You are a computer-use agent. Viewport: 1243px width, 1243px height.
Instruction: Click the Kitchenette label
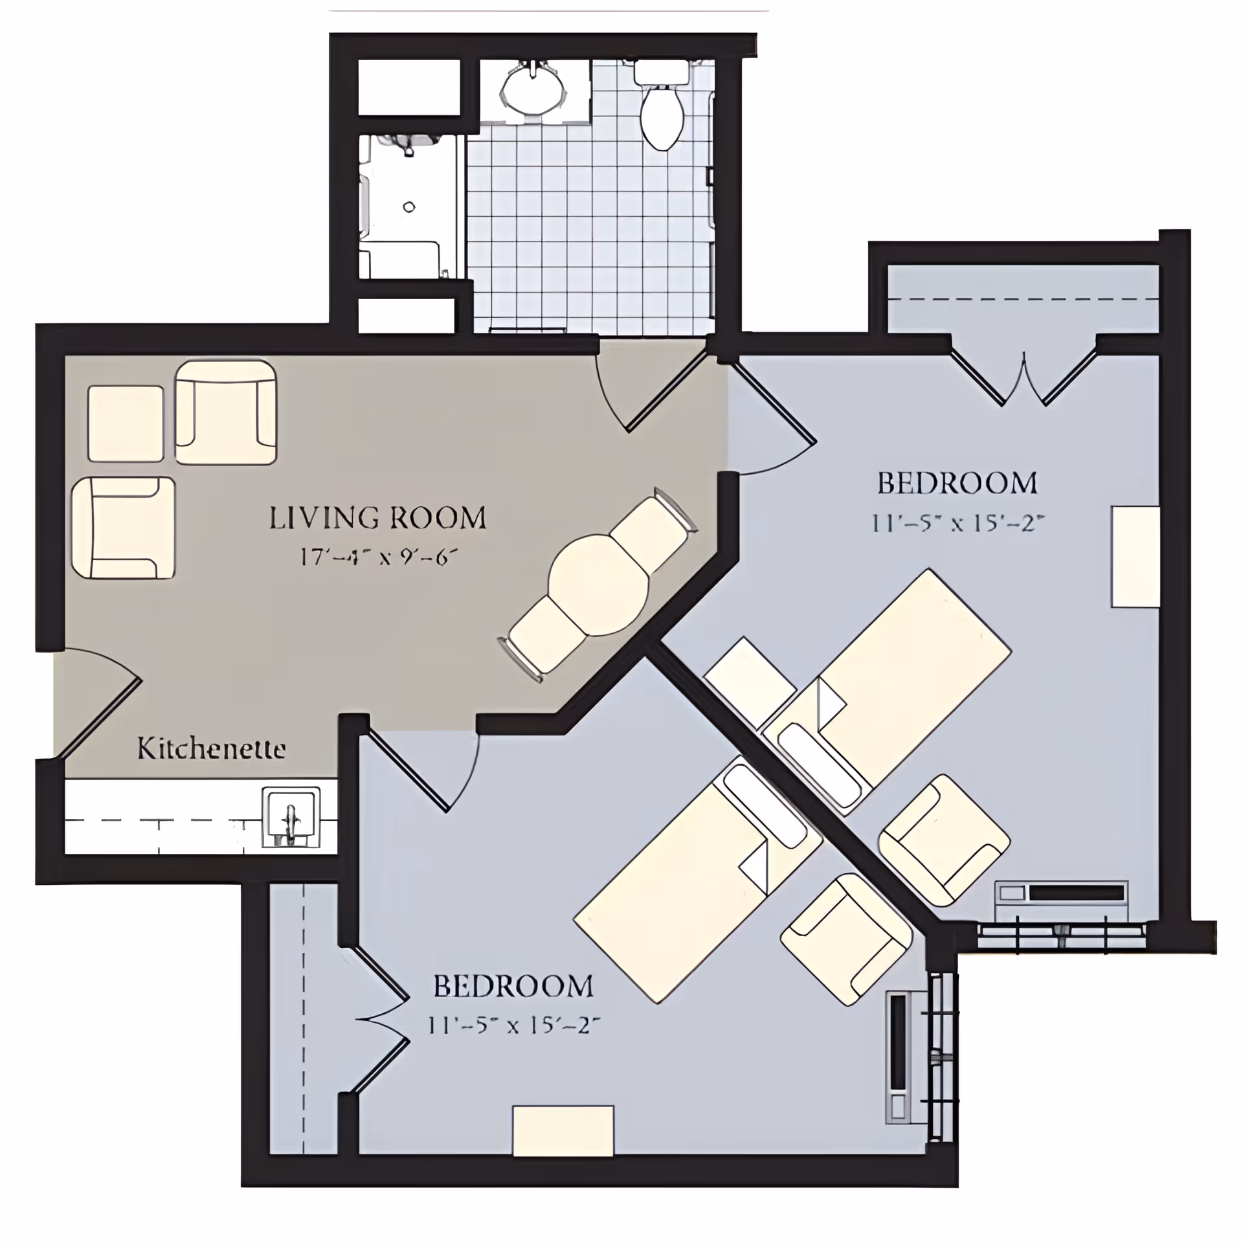[x=211, y=749]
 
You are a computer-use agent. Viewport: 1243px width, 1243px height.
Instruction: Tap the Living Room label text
[x=377, y=519]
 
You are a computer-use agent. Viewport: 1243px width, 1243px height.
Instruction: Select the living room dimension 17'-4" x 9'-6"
[x=379, y=557]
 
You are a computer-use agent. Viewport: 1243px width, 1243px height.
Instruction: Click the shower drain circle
[x=409, y=207]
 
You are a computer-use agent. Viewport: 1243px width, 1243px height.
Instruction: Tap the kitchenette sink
[x=291, y=817]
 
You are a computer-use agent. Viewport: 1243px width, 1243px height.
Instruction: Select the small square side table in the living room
[x=126, y=423]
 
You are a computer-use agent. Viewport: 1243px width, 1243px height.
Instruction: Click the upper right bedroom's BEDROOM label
[x=957, y=484]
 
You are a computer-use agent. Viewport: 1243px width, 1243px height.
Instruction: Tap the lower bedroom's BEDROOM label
[x=513, y=987]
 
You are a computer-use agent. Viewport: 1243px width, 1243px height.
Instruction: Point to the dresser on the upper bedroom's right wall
[x=1135, y=557]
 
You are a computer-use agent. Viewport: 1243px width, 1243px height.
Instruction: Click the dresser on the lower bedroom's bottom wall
[x=563, y=1130]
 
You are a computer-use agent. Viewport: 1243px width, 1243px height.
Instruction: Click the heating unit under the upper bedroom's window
[x=1062, y=894]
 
